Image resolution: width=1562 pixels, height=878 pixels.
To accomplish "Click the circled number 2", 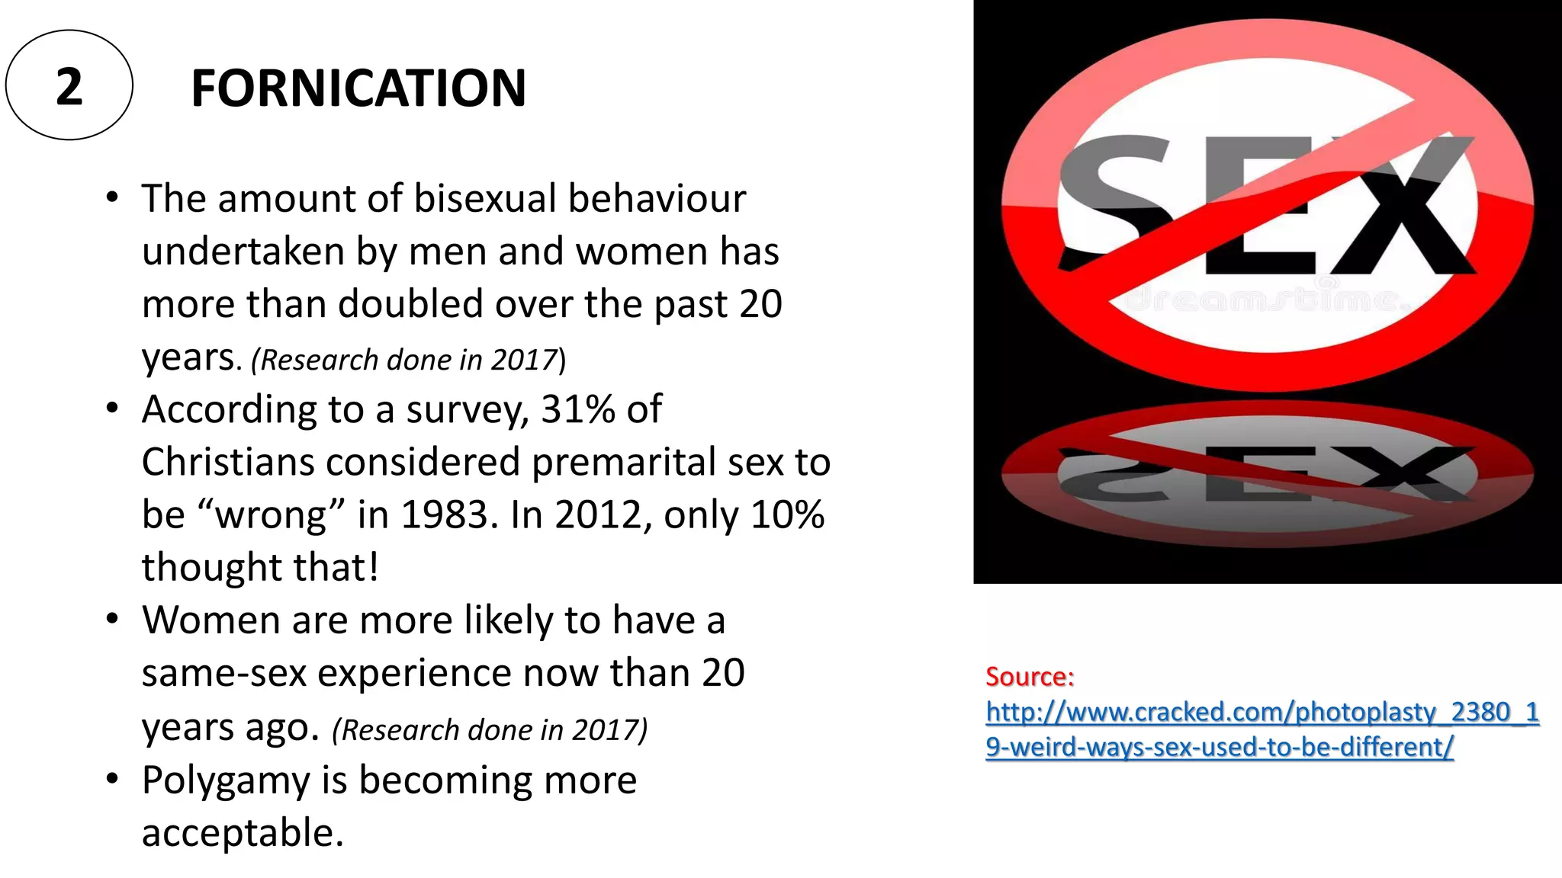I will (69, 86).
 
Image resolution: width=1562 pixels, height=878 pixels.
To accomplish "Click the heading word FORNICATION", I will (358, 88).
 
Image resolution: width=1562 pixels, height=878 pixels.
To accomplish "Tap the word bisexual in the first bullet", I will (485, 199).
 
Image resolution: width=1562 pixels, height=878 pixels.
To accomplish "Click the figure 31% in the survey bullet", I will (578, 409).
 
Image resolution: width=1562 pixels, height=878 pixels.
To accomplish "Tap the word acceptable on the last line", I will (243, 833).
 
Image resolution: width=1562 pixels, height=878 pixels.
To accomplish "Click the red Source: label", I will (1030, 677).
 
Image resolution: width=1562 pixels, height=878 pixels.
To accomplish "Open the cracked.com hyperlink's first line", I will (1262, 712).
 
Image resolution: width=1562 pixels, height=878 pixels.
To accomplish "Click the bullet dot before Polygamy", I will (113, 779).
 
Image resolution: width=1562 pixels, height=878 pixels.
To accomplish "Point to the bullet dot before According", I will (113, 408).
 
